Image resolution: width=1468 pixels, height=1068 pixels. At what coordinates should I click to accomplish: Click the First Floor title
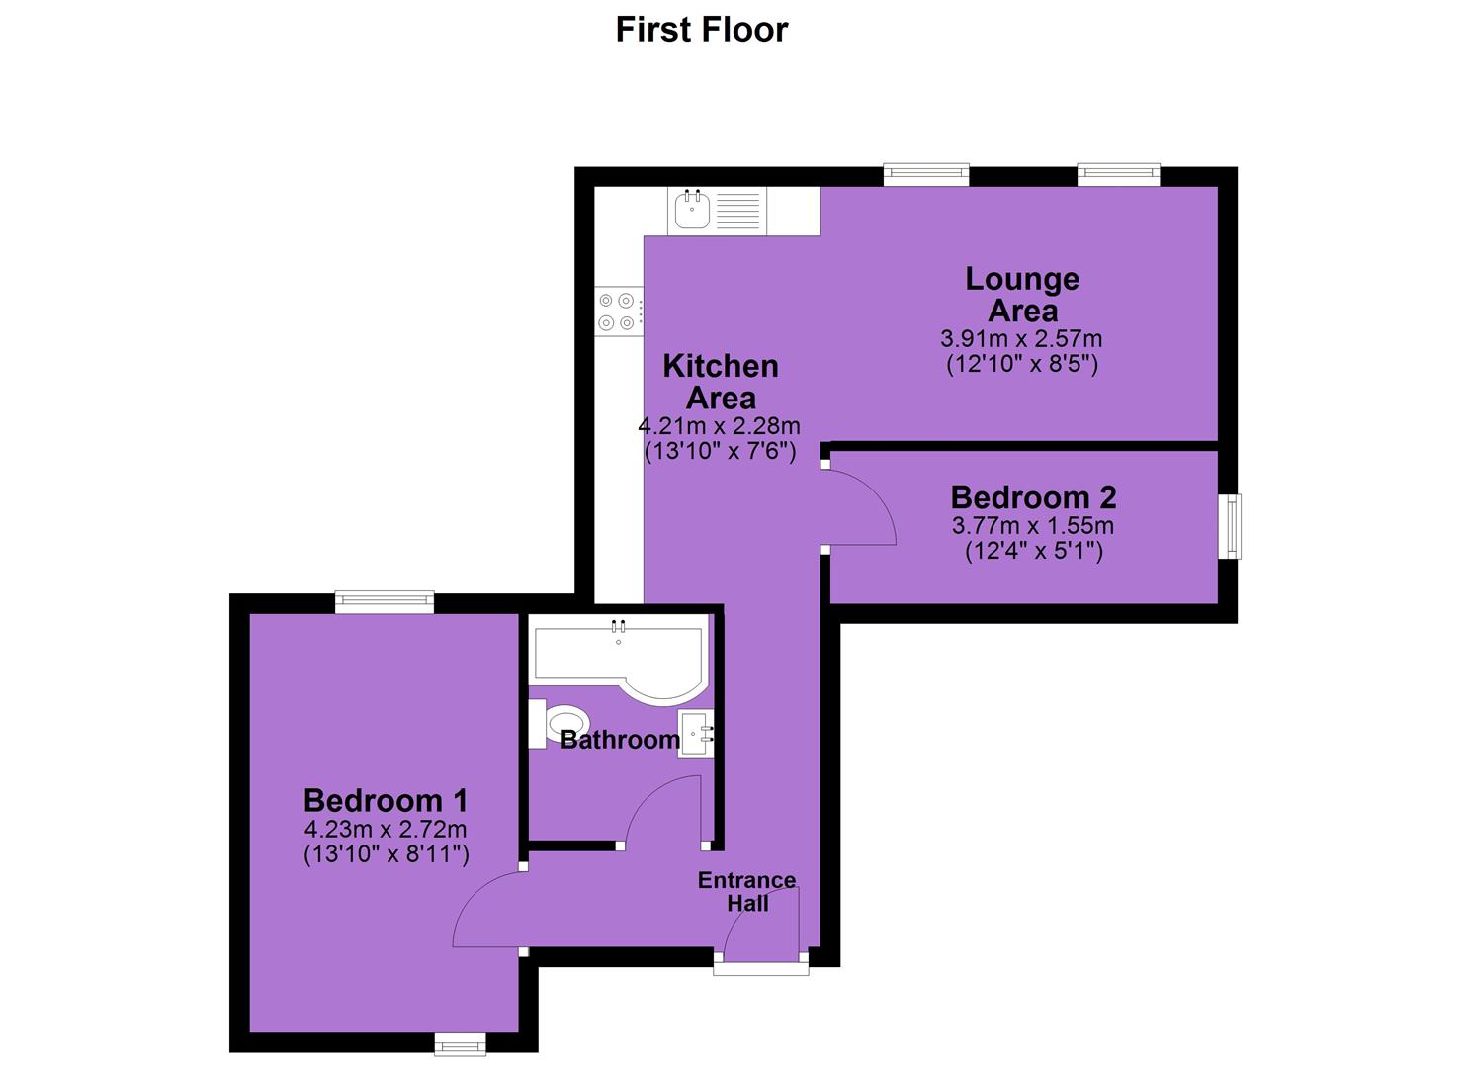click(702, 30)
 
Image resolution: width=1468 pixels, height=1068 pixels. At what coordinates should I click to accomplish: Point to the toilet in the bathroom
click(558, 724)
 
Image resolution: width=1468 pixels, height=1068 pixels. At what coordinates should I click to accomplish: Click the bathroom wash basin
click(696, 735)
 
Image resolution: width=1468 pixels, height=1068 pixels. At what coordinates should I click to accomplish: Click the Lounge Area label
click(1022, 295)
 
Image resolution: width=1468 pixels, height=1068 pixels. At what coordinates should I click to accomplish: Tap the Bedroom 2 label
click(1033, 497)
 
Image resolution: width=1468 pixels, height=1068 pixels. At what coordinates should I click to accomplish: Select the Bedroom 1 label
click(386, 801)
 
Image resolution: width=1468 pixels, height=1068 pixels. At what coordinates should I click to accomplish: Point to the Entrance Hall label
click(746, 892)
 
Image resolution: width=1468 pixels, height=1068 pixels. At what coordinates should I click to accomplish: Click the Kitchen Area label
click(721, 382)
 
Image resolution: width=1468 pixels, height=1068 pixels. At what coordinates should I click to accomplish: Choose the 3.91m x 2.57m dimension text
click(1022, 339)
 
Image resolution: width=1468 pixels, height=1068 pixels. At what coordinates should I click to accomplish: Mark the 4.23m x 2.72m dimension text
click(386, 830)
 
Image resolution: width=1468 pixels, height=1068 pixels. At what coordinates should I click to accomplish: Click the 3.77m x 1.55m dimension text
click(1033, 526)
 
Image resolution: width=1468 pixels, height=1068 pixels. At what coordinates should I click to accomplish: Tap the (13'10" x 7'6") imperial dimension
click(721, 452)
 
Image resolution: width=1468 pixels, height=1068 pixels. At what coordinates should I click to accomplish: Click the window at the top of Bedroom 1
click(384, 602)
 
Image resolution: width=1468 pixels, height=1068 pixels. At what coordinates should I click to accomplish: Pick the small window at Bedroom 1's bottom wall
click(460, 1045)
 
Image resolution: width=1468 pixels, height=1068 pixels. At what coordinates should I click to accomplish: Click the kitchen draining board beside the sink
click(737, 210)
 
